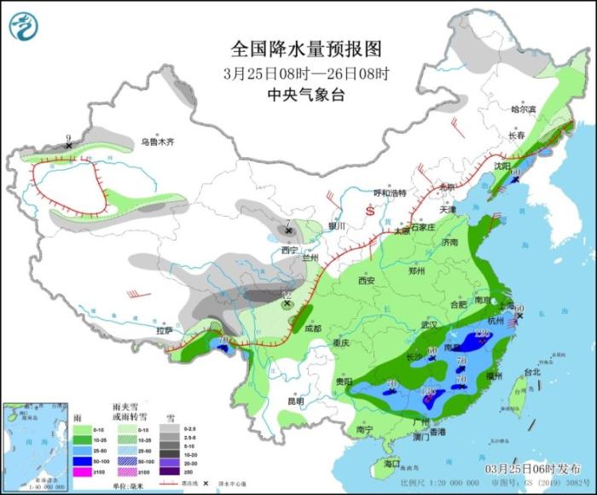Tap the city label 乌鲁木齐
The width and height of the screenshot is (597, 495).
coord(158,142)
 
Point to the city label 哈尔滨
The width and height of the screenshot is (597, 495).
coord(523,109)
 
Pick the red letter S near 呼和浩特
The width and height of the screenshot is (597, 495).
coord(369,209)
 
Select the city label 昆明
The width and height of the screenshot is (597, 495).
coord(295,400)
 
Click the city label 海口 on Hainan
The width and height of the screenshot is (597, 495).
coord(391,463)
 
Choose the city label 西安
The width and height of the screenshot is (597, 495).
coord(367,280)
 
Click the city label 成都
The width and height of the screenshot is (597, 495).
coord(312,328)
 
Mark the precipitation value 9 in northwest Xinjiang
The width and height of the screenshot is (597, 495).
coord(68,137)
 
